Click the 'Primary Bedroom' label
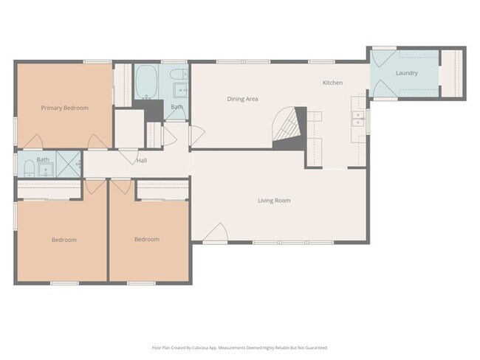[65, 108]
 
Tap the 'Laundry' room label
[406, 73]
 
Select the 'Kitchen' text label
[332, 83]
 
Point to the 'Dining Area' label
[242, 99]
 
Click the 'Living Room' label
[273, 201]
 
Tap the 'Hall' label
[142, 160]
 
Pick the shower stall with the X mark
[70, 164]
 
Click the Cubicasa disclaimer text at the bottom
[240, 347]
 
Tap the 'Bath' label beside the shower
[43, 159]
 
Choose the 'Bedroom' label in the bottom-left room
[64, 240]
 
